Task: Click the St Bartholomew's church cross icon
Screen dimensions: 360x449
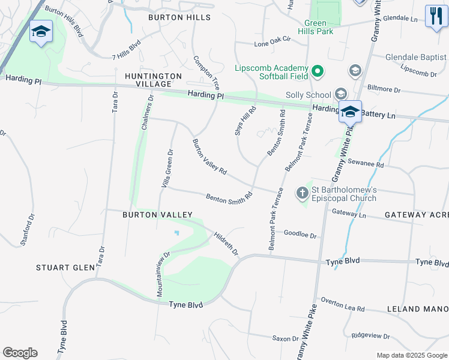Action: click(x=302, y=193)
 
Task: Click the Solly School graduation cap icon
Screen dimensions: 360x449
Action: click(x=341, y=94)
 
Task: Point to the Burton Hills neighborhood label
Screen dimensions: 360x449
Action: click(x=180, y=18)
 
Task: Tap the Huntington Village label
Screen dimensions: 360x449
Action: click(x=153, y=80)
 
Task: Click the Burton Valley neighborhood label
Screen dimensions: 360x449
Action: click(x=157, y=215)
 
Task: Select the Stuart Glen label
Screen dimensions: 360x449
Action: click(x=65, y=268)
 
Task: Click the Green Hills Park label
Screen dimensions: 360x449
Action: click(x=315, y=27)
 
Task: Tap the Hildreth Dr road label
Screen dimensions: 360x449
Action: click(x=226, y=244)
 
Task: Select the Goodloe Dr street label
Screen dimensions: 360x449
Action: click(x=300, y=234)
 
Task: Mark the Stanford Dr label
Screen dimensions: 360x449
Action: click(x=28, y=227)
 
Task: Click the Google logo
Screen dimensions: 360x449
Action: click(x=20, y=353)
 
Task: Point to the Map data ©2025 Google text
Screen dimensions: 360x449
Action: click(x=411, y=355)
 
